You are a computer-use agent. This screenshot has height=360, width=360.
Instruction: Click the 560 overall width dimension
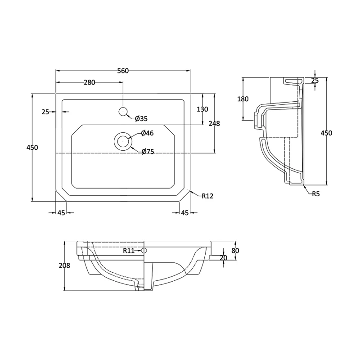click(x=123, y=71)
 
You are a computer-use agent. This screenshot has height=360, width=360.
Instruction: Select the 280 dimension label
click(x=90, y=82)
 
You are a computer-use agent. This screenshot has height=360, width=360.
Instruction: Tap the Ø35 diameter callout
click(x=141, y=119)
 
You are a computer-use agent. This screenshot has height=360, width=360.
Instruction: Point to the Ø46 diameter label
click(x=147, y=133)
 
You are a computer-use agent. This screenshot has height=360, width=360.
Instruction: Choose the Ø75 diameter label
click(x=148, y=152)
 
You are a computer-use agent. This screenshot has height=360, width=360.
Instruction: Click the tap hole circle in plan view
click(x=123, y=111)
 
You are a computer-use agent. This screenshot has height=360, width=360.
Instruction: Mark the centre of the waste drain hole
click(x=123, y=141)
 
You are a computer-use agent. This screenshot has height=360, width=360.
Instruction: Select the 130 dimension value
click(x=202, y=109)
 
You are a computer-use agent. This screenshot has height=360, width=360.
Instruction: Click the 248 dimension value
click(x=214, y=123)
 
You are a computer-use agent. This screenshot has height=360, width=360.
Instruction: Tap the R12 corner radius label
click(x=207, y=196)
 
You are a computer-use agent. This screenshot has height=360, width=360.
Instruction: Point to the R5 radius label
click(x=316, y=194)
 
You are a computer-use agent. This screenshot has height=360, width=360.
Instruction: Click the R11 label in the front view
click(x=129, y=251)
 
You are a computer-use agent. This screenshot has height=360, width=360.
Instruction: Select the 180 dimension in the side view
click(x=243, y=99)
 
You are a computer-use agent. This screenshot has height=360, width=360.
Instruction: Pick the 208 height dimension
click(x=64, y=265)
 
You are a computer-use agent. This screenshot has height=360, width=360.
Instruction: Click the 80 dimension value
click(x=235, y=251)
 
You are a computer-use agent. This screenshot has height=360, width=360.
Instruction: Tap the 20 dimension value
click(x=223, y=258)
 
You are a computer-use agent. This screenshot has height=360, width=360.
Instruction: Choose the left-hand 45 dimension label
click(x=61, y=213)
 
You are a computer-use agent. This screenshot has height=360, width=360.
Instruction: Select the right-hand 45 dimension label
click(x=184, y=213)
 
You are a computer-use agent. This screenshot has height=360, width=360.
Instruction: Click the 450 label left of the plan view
click(x=32, y=148)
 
